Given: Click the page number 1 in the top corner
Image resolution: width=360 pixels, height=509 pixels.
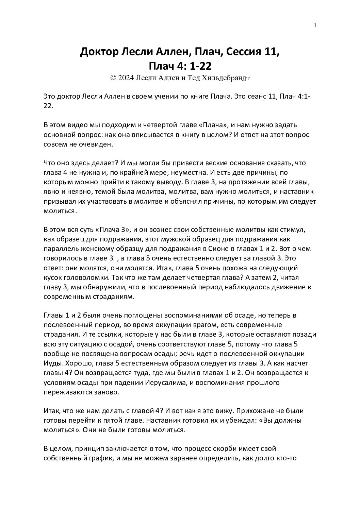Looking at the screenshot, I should click(x=316, y=26).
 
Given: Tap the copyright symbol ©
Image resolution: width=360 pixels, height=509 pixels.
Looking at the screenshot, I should click(x=113, y=78).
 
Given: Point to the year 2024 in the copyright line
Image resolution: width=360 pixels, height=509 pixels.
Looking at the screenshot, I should click(x=126, y=78).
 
